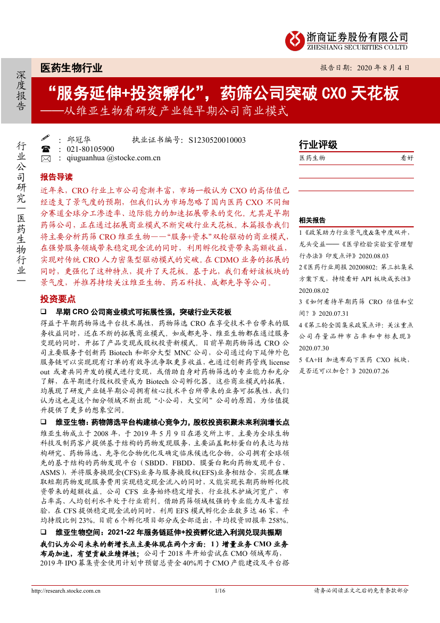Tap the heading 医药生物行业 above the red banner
[x=71, y=68]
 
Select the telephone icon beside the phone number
[x=45, y=149]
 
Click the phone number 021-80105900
[x=90, y=149]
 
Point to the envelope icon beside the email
[x=45, y=158]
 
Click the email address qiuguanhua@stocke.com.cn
[x=114, y=158]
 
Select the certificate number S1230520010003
[x=217, y=140]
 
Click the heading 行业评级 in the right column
[x=318, y=145]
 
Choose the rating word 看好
[x=406, y=158]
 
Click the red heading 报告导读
[x=56, y=177]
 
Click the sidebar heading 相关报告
[x=312, y=220]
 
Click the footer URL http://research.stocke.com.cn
[x=63, y=591]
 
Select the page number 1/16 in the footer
[x=220, y=591]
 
